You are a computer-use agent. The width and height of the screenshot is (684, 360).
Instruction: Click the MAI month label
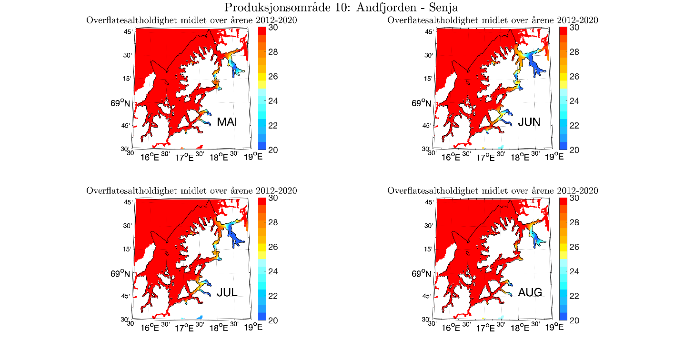coord(227,122)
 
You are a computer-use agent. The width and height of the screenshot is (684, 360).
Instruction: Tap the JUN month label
coord(529,122)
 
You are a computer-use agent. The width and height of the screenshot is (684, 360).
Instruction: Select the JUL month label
coord(227,292)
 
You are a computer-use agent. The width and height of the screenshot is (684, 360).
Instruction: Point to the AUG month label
coord(530,292)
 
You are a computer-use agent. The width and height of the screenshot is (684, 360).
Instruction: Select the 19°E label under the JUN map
coord(554,156)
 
